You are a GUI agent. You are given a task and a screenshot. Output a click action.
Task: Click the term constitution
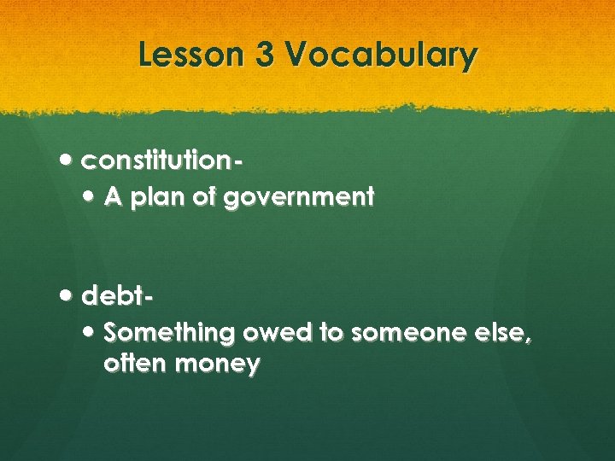(x=161, y=159)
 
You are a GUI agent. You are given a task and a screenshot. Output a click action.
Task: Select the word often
(x=135, y=365)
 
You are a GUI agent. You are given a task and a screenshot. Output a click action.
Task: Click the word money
(x=218, y=365)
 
